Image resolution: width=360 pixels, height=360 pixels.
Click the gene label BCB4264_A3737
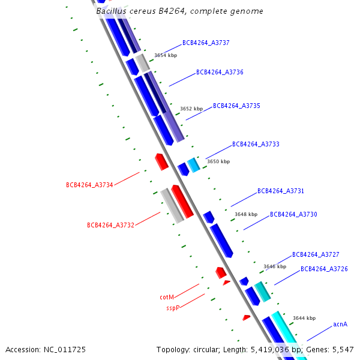pos(206,43)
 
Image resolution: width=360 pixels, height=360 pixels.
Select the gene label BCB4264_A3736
pos(220,73)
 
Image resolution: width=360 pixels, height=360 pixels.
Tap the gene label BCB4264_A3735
pos(236,106)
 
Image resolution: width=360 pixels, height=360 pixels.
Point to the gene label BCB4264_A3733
pos(256,145)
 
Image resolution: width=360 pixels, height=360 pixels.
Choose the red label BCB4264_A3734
pos(89,185)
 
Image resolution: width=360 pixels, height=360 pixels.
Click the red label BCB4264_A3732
pos(110,226)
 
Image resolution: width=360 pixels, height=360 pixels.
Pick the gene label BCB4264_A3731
pos(281,191)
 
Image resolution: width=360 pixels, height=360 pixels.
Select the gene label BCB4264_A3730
pos(293,215)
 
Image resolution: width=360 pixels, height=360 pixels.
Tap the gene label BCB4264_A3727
pos(316,255)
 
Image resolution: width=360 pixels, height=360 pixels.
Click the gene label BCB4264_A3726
pos(324,269)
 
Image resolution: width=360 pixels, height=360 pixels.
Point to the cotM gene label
pos(167,297)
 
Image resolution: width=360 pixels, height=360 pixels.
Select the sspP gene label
pos(173,308)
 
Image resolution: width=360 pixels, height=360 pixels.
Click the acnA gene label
pos(340,325)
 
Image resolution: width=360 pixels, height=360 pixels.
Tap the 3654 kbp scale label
pos(166,55)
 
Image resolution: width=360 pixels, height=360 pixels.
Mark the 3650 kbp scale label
pos(218,161)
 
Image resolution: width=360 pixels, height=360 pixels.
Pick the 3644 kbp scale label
pos(304,319)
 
